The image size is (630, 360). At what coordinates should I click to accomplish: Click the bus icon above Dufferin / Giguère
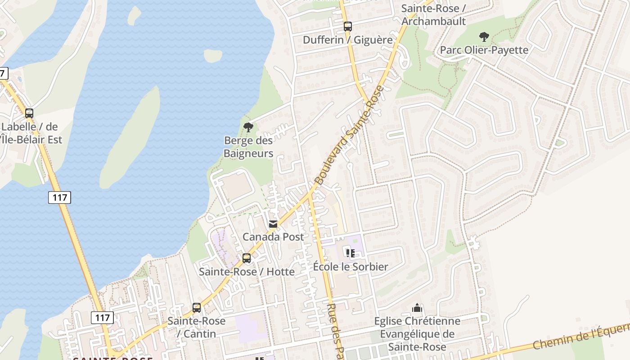click(x=347, y=27)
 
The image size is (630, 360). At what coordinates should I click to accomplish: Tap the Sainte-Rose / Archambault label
click(x=433, y=15)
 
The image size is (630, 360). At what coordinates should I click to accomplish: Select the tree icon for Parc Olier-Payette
click(x=484, y=36)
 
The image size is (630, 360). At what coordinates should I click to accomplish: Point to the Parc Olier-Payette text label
click(x=484, y=50)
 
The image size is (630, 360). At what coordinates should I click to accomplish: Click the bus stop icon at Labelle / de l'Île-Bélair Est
click(x=29, y=113)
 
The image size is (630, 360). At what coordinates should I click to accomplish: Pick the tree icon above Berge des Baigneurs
click(x=248, y=127)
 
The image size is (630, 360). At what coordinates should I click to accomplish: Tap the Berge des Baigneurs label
click(x=248, y=147)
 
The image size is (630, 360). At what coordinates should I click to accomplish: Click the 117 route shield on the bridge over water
click(x=59, y=197)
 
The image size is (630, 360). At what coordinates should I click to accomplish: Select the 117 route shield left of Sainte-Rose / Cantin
click(x=102, y=318)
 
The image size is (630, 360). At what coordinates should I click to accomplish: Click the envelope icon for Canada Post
click(x=273, y=224)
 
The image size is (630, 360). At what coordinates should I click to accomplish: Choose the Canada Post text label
click(x=273, y=237)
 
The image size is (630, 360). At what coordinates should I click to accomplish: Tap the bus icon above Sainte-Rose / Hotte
click(x=246, y=258)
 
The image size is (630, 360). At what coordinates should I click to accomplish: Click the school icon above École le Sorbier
click(x=351, y=253)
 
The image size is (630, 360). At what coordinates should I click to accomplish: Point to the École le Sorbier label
click(x=351, y=266)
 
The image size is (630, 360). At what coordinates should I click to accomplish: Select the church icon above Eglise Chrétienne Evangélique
click(x=417, y=308)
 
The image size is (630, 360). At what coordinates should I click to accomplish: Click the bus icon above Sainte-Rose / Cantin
click(x=197, y=308)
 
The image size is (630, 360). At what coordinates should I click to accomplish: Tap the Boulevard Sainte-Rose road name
click(x=350, y=135)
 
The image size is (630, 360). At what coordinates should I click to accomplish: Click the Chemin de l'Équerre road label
click(x=580, y=336)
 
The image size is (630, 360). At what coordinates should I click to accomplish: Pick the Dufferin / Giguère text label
click(x=347, y=40)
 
